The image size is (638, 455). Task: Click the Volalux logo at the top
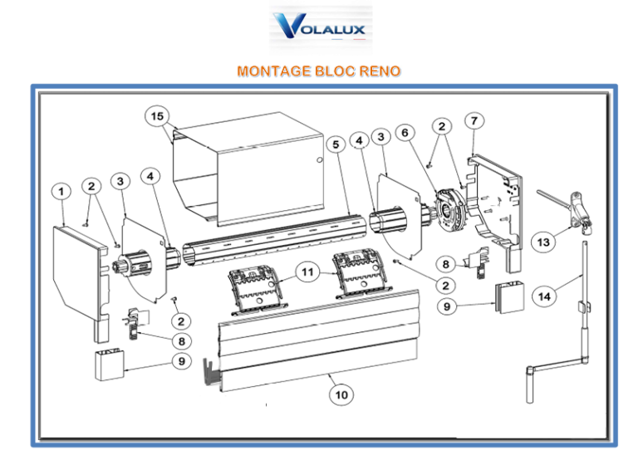point(320,26)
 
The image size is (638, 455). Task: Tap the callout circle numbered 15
point(157,116)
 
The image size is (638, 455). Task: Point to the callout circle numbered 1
point(61,191)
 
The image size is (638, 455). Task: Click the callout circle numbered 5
point(336,144)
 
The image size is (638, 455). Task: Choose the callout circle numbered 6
point(405,133)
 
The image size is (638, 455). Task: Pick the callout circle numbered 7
point(474,120)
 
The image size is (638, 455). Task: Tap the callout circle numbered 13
point(543,242)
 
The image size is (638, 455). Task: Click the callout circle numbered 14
point(544,296)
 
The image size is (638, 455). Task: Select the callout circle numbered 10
point(341,394)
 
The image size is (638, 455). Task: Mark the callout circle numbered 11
point(307,272)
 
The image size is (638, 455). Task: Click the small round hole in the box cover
point(320,159)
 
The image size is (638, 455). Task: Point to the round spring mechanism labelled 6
point(449,211)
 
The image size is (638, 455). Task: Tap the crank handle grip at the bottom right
point(529,385)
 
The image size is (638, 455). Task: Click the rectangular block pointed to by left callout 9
point(110,364)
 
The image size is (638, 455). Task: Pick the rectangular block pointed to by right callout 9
point(509,297)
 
